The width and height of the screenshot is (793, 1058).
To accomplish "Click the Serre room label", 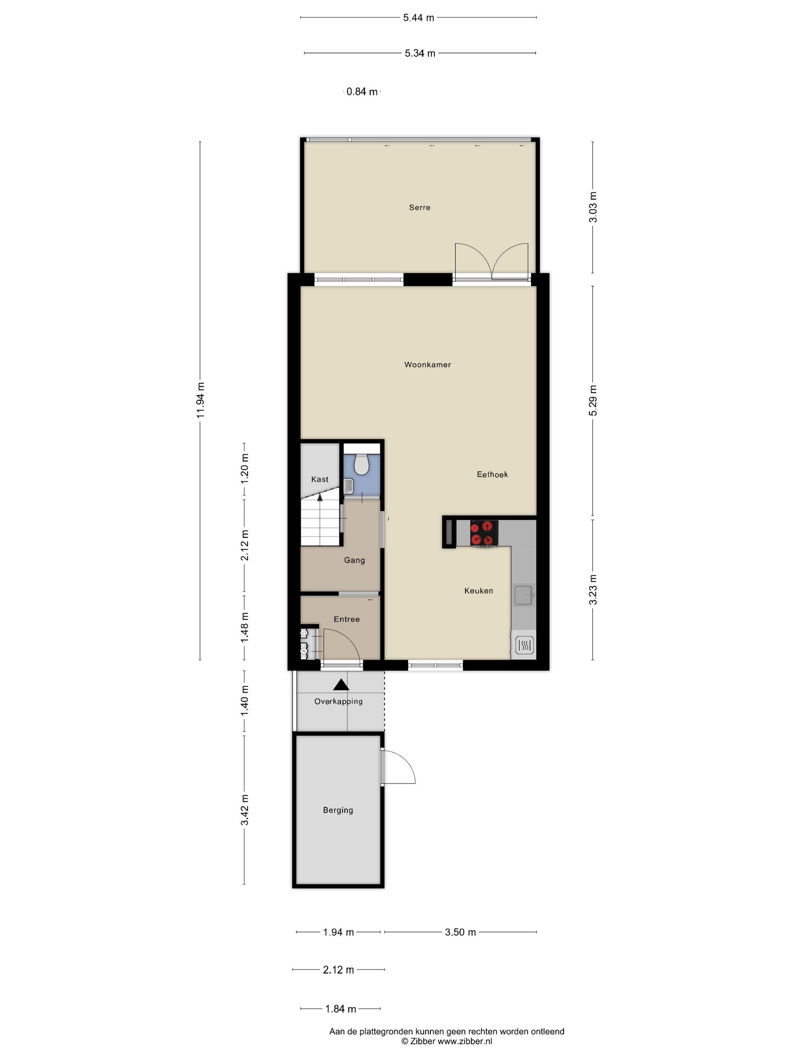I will click(x=419, y=207).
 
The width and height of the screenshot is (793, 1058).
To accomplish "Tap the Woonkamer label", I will click(x=427, y=365).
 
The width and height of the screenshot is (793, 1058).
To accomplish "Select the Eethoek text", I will click(x=492, y=475).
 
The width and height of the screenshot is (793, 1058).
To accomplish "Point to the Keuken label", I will click(x=478, y=591).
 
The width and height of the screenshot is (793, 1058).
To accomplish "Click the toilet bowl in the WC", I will click(x=361, y=464).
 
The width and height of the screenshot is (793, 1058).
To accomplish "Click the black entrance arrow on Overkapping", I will click(x=341, y=685).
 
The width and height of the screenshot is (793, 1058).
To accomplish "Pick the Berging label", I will click(x=338, y=810).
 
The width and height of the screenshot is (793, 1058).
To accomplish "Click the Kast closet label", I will click(x=320, y=479).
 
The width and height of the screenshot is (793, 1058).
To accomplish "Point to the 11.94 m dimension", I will click(x=201, y=400).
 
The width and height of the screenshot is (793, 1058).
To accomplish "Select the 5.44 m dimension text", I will click(x=418, y=18).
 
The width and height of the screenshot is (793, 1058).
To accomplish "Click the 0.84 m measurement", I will click(x=362, y=92).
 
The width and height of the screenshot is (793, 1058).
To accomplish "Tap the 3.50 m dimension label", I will click(x=460, y=932).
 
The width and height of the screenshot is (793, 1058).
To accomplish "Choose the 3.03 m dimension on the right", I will click(x=593, y=207).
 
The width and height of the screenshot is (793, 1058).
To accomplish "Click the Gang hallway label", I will click(x=354, y=560).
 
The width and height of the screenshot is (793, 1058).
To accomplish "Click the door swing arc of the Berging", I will click(x=406, y=763).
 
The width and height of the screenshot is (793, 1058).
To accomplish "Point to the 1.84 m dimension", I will click(x=340, y=1009).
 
